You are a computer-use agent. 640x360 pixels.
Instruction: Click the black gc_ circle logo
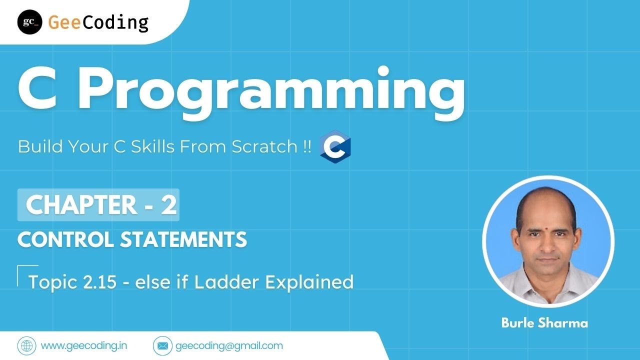pyautogui.click(x=29, y=22)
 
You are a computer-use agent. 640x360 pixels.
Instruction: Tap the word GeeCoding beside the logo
pyautogui.click(x=98, y=22)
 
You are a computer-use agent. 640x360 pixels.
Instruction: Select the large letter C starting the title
pyautogui.click(x=41, y=90)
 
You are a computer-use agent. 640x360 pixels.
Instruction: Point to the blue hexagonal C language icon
pyautogui.click(x=335, y=147)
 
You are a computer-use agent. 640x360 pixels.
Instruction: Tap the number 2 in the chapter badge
pyautogui.click(x=168, y=205)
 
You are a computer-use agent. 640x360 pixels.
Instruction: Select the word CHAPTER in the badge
pyautogui.click(x=80, y=205)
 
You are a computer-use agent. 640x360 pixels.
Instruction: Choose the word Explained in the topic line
pyautogui.click(x=309, y=282)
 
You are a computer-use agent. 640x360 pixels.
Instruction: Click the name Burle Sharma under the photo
pyautogui.click(x=544, y=323)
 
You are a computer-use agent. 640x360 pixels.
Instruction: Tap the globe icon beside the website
pyautogui.click(x=26, y=345)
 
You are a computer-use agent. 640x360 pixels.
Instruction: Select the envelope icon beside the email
pyautogui.click(x=161, y=345)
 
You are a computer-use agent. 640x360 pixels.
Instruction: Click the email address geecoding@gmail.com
pyautogui.click(x=229, y=345)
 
